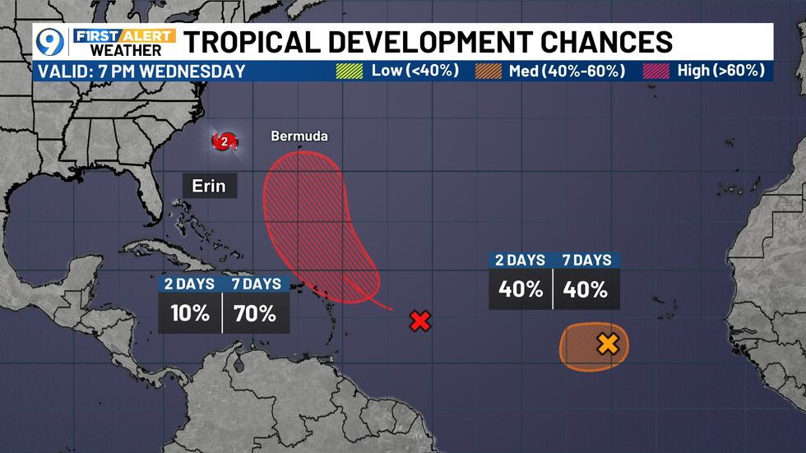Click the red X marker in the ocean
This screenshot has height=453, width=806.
point(420,321)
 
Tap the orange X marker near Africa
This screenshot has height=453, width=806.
point(608,344)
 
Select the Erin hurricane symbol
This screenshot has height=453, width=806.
point(224,141)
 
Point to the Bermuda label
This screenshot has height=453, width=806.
point(299,136)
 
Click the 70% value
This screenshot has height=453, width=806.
point(256,312)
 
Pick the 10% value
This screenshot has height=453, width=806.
point(190,312)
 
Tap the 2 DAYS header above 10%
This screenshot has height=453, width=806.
point(190,284)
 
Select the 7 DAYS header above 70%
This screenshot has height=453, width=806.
point(256,284)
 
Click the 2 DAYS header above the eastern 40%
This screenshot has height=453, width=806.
point(521,260)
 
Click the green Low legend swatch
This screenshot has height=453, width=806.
point(350,71)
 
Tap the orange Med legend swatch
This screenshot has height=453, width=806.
point(489,71)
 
